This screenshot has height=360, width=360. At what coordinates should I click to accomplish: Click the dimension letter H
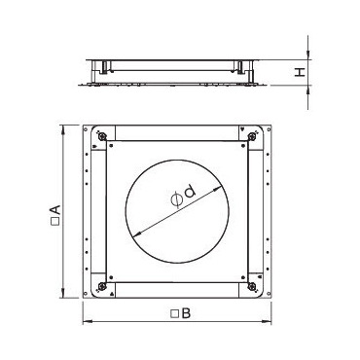(x=301, y=72)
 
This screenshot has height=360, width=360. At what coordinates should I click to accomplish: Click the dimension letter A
(x=55, y=212)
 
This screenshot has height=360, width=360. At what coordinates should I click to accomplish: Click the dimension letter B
(x=186, y=313)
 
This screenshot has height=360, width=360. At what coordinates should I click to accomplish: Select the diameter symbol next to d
(x=177, y=199)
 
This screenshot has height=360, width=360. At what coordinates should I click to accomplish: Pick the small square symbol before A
(x=55, y=223)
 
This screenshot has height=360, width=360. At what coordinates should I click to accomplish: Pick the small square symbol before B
(x=175, y=314)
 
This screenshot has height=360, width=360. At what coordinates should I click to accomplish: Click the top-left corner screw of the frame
(x=103, y=136)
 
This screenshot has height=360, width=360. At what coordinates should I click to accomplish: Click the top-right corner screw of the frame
(x=252, y=136)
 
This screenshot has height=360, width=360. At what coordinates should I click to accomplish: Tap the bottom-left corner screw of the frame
(x=103, y=286)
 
